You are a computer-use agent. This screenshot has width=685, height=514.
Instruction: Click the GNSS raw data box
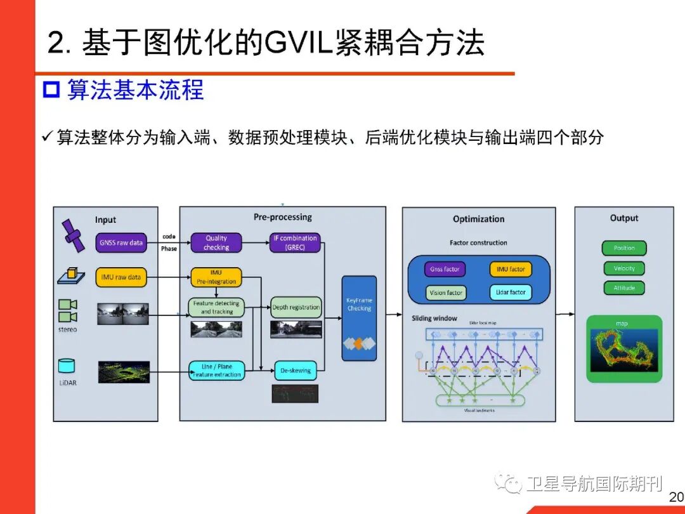pyautogui.click(x=121, y=242)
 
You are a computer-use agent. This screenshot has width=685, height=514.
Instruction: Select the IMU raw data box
pyautogui.click(x=121, y=277)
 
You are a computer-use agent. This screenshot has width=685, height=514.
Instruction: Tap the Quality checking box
pyautogui.click(x=216, y=242)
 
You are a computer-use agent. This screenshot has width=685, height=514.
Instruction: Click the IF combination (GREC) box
pyautogui.click(x=295, y=242)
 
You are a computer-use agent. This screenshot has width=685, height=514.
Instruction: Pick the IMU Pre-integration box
pyautogui.click(x=216, y=277)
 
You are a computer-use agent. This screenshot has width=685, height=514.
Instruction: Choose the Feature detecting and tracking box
pyautogui.click(x=216, y=307)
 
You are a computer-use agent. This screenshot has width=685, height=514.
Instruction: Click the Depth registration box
pyautogui.click(x=296, y=307)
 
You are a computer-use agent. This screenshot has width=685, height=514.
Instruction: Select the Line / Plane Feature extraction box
pyautogui.click(x=216, y=371)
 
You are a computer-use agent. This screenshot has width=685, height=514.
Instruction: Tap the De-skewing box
pyautogui.click(x=295, y=371)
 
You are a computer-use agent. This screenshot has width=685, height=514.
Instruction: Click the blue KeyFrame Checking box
pyautogui.click(x=359, y=317)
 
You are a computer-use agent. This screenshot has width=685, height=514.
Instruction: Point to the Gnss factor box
pyautogui.click(x=445, y=269)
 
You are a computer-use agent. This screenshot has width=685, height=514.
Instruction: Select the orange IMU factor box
pyautogui.click(x=511, y=269)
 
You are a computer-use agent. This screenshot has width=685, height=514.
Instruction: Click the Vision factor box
pyautogui.click(x=446, y=293)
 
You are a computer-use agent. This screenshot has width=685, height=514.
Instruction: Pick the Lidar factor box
pyautogui.click(x=511, y=293)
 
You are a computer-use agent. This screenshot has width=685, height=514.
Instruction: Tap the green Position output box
pyautogui.click(x=624, y=248)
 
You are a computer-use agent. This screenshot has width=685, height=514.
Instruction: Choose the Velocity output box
pyautogui.click(x=624, y=268)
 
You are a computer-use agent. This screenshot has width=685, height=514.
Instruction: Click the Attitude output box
pyautogui.click(x=624, y=288)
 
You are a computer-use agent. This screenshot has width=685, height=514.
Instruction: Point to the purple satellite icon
pyautogui.click(x=72, y=235)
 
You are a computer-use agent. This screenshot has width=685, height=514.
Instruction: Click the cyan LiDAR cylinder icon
pyautogui.click(x=67, y=366)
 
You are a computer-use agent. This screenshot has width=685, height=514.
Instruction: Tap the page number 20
pyautogui.click(x=676, y=497)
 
